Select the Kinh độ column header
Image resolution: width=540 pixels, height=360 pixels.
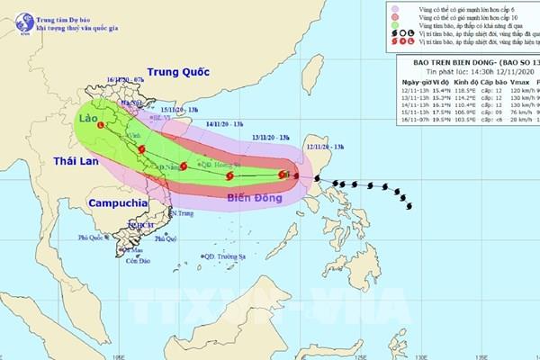[x=456, y=107]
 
